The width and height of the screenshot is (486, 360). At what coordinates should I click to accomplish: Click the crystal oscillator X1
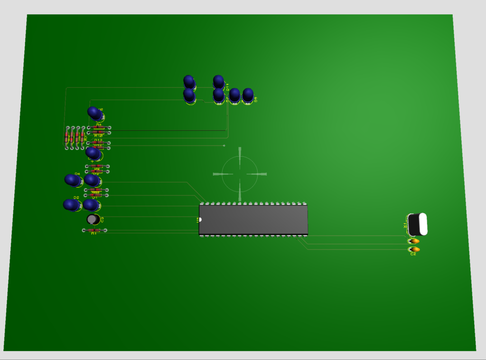coord(417,224)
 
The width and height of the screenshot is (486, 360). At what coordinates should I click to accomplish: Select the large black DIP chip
coord(253,219)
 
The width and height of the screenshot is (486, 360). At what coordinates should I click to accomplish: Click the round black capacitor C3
coord(93,219)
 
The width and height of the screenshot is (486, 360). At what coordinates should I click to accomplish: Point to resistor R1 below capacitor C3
coord(94,230)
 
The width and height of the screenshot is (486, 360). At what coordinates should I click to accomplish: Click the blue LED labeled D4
coord(73,180)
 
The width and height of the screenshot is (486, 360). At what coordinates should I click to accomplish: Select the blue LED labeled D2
coord(72,205)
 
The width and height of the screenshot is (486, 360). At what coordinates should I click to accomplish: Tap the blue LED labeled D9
coord(248,95)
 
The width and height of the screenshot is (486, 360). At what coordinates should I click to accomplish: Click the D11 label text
coord(227,87)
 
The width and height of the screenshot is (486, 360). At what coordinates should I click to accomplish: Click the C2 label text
coord(413,255)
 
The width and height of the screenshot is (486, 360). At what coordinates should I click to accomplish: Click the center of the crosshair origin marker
coord(240,174)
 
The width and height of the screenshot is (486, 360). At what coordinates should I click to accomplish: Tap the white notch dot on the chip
coord(200,219)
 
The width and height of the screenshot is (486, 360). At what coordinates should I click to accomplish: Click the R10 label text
coord(99,136)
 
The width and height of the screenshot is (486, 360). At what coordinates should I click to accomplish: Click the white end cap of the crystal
coord(422,224)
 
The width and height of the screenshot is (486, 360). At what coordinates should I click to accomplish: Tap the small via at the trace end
coord(224,145)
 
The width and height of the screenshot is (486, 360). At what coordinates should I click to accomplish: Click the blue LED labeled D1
coord(91,205)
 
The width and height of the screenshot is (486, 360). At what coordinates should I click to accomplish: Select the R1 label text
coord(94,234)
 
